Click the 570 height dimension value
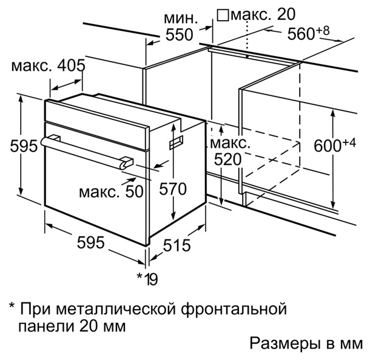click(173, 189)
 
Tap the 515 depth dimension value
click(177, 245)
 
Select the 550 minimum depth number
click(180, 35)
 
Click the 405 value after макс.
click(71, 65)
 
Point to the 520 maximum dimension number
click(227, 159)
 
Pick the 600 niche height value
click(328, 145)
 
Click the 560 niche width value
click(301, 34)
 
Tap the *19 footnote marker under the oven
click(147, 279)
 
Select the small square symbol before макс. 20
click(223, 15)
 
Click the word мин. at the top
click(181, 18)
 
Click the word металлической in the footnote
click(116, 309)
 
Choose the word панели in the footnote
click(45, 327)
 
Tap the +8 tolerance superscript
click(322, 31)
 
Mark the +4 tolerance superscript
click(348, 143)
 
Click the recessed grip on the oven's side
click(177, 142)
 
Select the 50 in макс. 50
click(134, 192)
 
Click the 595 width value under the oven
click(90, 242)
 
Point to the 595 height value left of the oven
click(24, 145)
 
